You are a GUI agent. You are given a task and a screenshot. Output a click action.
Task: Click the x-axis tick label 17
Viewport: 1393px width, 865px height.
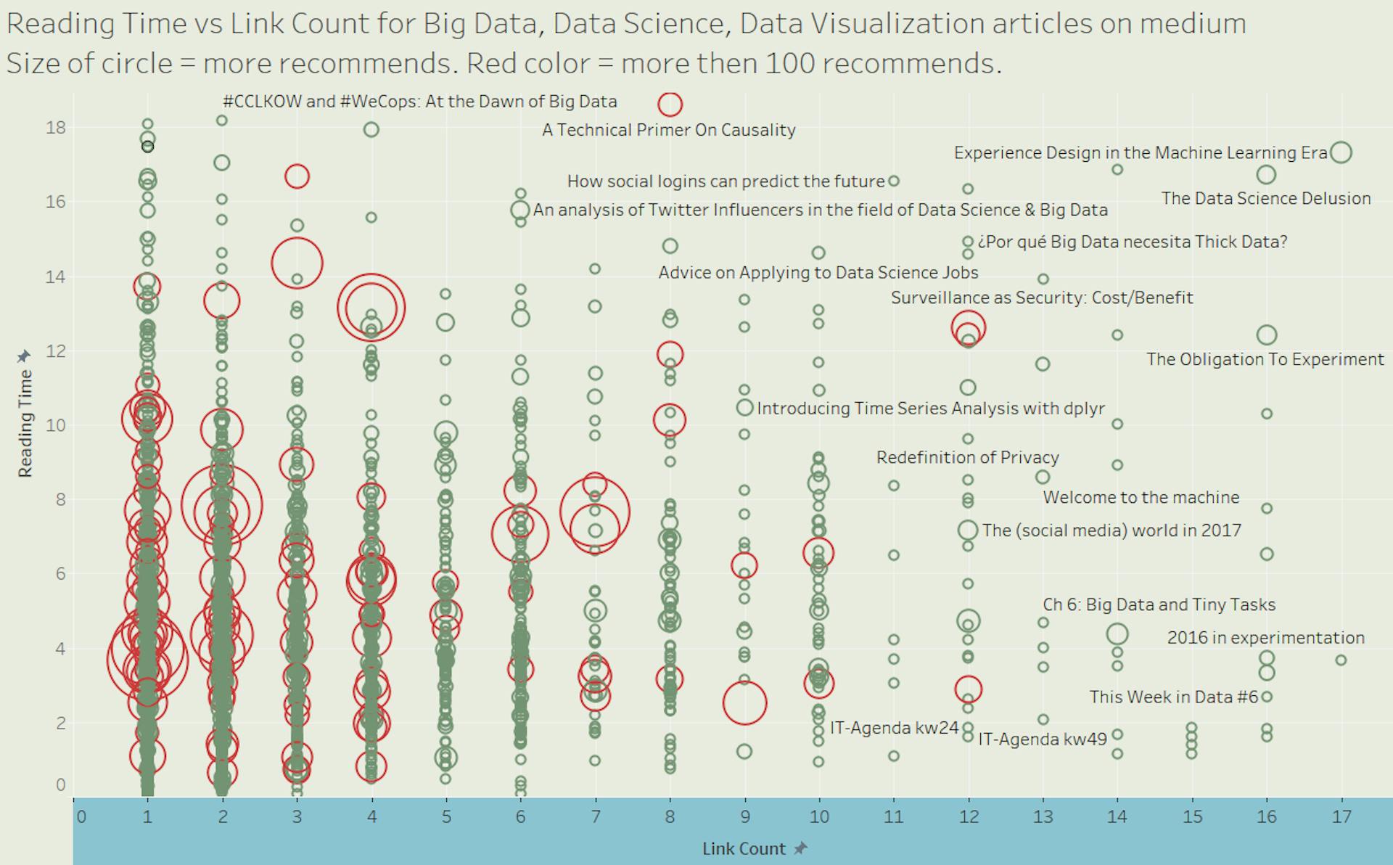pyautogui.click(x=1341, y=816)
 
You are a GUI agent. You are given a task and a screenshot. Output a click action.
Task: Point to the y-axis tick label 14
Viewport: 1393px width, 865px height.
pyautogui.click(x=55, y=276)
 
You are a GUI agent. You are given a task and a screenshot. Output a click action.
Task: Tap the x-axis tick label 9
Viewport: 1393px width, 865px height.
pyautogui.click(x=744, y=816)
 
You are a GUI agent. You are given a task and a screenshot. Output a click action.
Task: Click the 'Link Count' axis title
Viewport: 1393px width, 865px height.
pyautogui.click(x=743, y=848)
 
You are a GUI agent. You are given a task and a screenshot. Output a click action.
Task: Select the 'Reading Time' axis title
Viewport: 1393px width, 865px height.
pyautogui.click(x=25, y=423)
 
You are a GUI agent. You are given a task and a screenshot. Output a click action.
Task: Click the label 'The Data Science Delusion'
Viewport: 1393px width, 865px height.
pyautogui.click(x=1265, y=199)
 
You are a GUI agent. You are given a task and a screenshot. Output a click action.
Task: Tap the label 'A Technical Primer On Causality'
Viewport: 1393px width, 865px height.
pyautogui.click(x=668, y=130)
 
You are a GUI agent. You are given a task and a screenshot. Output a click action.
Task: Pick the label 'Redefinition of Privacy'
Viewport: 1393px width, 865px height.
pyautogui.click(x=967, y=458)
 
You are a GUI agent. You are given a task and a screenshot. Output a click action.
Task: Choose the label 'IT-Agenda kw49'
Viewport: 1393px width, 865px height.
pyautogui.click(x=1042, y=739)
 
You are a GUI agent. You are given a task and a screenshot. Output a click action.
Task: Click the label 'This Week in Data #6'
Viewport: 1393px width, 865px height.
pyautogui.click(x=1173, y=697)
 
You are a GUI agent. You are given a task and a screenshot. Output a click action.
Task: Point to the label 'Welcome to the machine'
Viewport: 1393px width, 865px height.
pyautogui.click(x=1141, y=498)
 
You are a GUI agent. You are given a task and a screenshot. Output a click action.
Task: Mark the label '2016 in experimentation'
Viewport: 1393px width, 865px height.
pyautogui.click(x=1265, y=638)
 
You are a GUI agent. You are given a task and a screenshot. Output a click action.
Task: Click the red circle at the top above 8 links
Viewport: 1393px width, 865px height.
pyautogui.click(x=670, y=104)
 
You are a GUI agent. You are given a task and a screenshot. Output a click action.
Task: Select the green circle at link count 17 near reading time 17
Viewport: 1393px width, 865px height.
pyautogui.click(x=1341, y=152)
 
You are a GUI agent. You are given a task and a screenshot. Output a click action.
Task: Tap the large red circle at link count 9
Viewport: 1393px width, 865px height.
pyautogui.click(x=744, y=702)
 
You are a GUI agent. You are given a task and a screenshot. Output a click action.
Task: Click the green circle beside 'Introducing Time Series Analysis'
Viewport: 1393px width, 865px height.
pyautogui.click(x=745, y=407)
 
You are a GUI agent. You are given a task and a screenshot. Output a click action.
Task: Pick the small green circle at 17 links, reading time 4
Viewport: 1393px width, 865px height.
pyautogui.click(x=1341, y=660)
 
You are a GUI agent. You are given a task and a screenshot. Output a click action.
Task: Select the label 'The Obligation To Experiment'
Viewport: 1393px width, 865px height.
pyautogui.click(x=1265, y=360)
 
